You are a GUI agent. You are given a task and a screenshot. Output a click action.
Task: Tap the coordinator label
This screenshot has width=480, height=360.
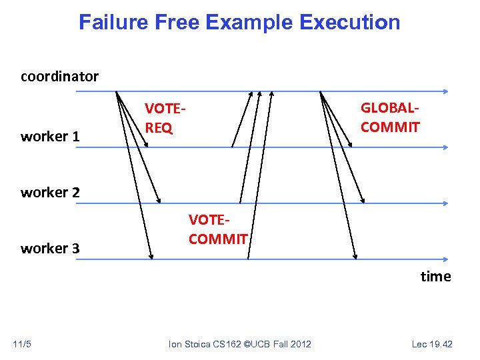[59, 76]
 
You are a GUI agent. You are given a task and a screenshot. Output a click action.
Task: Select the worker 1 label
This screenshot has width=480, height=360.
[50, 137]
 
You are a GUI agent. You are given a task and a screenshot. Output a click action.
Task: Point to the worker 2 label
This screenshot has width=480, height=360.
[50, 193]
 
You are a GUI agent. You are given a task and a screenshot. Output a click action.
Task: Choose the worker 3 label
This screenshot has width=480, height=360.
[50, 249]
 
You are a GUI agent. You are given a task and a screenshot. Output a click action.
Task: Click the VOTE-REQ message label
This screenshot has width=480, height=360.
[165, 118]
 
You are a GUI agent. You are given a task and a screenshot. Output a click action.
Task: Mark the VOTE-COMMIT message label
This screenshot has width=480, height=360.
[218, 229]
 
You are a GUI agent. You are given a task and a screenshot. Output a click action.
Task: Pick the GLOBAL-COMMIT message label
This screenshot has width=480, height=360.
[390, 117]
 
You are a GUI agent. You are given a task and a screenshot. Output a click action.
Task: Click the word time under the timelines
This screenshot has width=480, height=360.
[435, 276]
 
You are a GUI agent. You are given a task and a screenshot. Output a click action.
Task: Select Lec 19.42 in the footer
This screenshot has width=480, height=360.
[432, 344]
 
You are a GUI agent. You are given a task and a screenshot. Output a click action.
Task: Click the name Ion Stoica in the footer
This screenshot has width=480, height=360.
[189, 344]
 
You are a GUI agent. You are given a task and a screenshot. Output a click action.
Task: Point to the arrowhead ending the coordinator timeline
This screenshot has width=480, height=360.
[446, 91]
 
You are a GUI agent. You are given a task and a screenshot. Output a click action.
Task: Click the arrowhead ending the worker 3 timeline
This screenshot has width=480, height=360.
[446, 259]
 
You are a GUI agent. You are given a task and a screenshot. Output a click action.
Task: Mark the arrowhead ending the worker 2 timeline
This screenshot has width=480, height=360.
[446, 203]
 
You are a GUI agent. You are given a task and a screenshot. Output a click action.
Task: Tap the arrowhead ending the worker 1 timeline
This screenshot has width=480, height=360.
[446, 147]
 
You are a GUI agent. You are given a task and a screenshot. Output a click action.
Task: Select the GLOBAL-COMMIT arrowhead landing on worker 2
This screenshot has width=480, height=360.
[363, 199]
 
